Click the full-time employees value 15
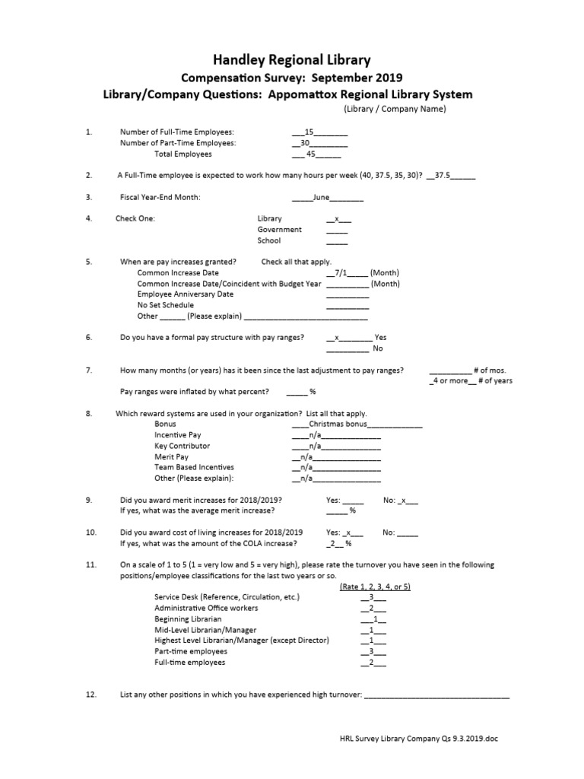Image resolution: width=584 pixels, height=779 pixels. (309, 132)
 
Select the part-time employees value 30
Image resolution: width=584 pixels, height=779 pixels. (306, 142)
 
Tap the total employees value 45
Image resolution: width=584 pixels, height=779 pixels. (310, 154)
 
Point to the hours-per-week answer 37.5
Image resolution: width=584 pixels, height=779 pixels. (443, 175)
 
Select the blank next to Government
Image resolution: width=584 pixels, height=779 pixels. (337, 230)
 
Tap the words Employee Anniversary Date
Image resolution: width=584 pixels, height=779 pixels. (186, 294)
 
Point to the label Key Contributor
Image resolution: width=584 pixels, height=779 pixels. (182, 446)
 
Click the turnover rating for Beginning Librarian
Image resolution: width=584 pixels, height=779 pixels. (374, 619)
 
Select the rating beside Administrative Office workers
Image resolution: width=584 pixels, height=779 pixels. (371, 609)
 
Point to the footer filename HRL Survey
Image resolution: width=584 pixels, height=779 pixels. (417, 738)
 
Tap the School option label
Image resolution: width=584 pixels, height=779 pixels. (269, 240)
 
